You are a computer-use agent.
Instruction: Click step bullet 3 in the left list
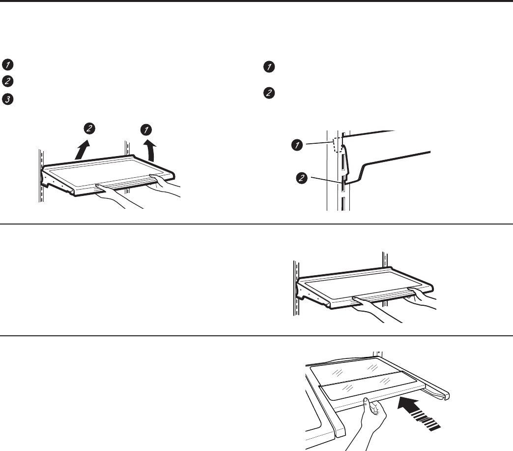click(x=7, y=99)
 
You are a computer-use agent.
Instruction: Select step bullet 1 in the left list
click(x=7, y=64)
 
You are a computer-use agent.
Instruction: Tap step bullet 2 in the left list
click(x=7, y=81)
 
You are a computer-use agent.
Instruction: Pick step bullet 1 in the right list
click(x=269, y=67)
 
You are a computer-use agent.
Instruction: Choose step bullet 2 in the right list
click(x=269, y=93)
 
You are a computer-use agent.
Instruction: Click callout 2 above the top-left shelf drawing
click(x=89, y=129)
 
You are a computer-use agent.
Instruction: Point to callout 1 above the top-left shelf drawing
click(x=146, y=130)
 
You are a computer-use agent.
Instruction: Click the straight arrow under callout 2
click(x=82, y=150)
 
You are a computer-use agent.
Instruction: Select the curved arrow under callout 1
click(x=150, y=150)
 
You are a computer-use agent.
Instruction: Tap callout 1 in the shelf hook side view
click(x=297, y=145)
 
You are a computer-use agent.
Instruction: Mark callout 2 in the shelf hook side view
click(x=302, y=178)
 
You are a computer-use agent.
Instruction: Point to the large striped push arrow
click(x=419, y=413)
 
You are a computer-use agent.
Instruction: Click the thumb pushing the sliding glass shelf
click(x=367, y=403)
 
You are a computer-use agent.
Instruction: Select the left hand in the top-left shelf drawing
click(x=116, y=195)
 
